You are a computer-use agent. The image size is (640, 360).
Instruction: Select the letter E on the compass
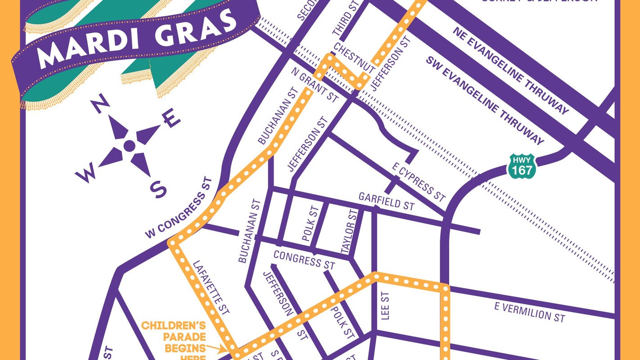(x=172, y=119)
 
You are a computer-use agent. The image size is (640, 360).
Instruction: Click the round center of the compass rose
(x=129, y=145)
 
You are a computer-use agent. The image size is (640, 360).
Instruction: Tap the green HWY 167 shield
(x=522, y=165)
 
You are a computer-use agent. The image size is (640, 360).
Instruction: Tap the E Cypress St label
(x=419, y=182)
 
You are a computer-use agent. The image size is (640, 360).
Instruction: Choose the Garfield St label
(x=386, y=202)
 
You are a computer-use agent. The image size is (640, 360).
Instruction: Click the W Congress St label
(x=178, y=214)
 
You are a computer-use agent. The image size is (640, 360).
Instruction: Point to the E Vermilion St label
(x=529, y=312)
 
